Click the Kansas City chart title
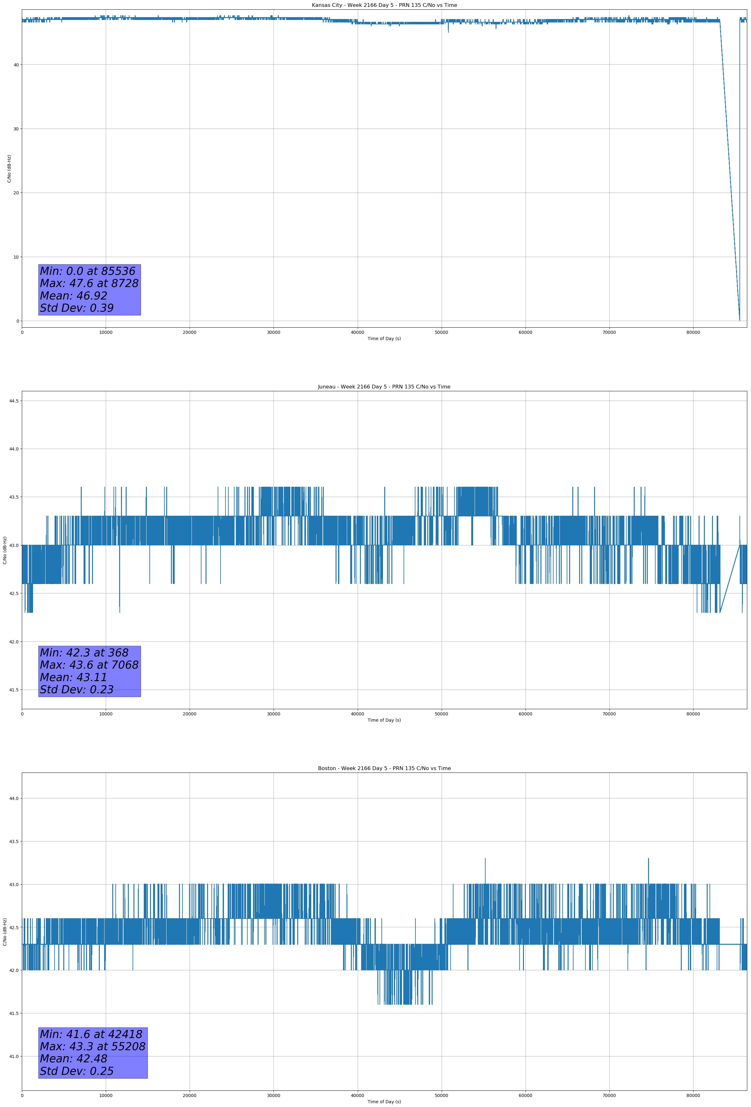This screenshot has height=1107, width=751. tap(384, 5)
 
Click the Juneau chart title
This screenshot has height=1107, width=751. tap(384, 387)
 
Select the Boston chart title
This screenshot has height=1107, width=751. tap(384, 768)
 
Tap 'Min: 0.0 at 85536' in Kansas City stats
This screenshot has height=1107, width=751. tap(88, 271)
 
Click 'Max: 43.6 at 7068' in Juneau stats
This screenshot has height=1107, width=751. tap(89, 665)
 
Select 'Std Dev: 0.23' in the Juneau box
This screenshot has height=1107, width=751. tap(77, 690)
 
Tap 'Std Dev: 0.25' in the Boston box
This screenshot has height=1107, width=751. tap(77, 1071)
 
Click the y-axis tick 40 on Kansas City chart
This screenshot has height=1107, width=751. tap(16, 65)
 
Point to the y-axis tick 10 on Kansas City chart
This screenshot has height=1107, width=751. tap(16, 257)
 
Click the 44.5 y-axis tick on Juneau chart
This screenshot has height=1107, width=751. tap(14, 401)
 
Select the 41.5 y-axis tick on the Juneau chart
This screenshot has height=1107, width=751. tap(14, 690)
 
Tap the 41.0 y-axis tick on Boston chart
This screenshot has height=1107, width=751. tap(14, 1056)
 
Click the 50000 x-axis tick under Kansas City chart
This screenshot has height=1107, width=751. tap(441, 333)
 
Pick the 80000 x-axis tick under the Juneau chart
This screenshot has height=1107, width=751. tap(693, 714)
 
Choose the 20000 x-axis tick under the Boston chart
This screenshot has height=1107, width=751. tap(190, 1095)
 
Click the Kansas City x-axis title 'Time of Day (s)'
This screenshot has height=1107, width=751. tap(384, 339)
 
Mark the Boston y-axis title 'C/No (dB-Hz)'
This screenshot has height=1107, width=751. tap(5, 932)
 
